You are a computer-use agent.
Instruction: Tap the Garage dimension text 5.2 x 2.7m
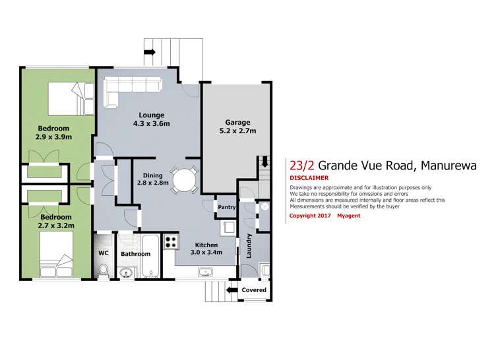point(237,131)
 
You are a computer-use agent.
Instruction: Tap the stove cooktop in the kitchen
point(170,242)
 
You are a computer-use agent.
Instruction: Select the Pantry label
point(226,207)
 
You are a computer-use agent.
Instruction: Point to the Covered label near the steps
point(254,290)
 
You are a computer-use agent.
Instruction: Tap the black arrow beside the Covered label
point(231,289)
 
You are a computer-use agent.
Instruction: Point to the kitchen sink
point(205,271)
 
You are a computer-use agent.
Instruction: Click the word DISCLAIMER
point(309,178)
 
